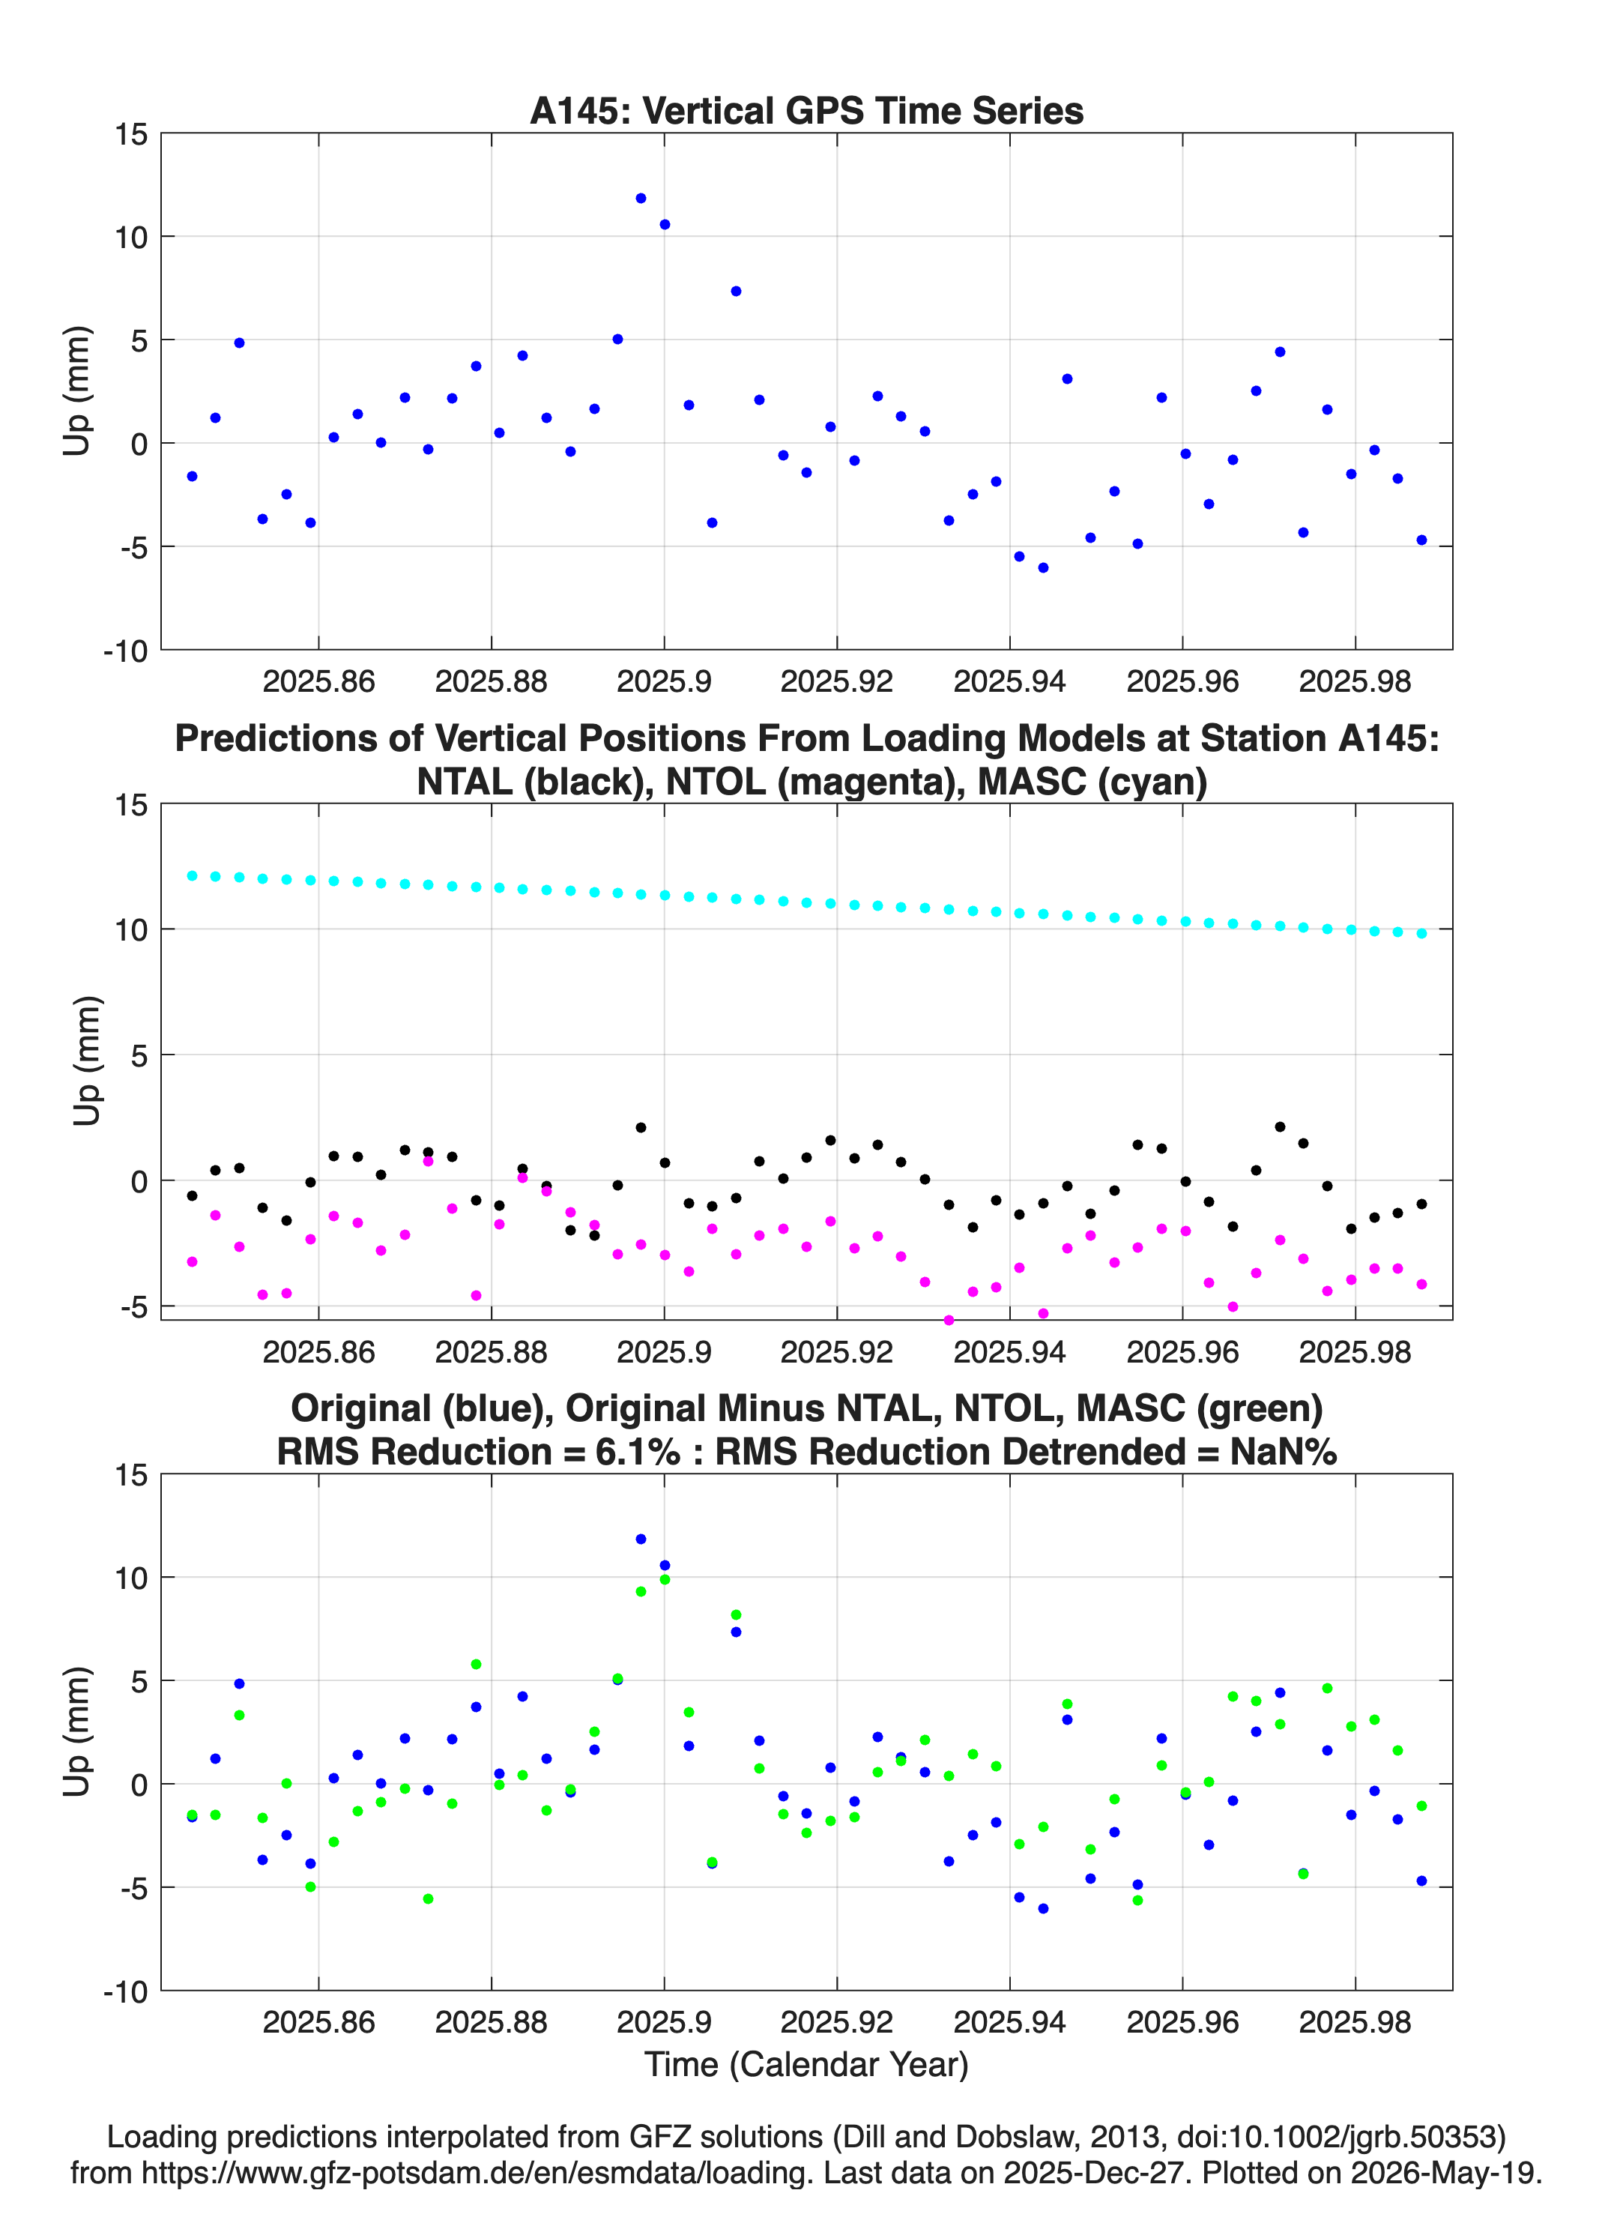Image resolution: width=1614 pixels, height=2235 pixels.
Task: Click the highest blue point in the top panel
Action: (641, 198)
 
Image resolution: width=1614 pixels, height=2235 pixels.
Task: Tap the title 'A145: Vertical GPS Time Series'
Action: (806, 110)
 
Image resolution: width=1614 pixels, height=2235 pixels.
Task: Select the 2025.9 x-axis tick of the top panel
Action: (664, 681)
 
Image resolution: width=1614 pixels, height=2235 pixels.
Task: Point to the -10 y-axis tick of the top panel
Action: (125, 651)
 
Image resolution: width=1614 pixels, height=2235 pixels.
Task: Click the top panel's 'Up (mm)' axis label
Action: (77, 390)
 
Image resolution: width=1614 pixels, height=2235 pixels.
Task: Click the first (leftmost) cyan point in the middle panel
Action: (192, 875)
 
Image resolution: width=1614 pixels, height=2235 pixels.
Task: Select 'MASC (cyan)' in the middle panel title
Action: (1092, 782)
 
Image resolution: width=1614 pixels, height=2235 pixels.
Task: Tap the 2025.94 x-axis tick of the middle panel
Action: (1010, 1351)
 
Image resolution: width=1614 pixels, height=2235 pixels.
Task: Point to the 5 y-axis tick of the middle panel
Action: (139, 1055)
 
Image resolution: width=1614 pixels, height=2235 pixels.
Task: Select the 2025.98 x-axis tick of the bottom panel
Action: (1355, 2021)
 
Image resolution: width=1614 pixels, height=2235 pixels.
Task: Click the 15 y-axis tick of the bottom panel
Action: (131, 1475)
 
